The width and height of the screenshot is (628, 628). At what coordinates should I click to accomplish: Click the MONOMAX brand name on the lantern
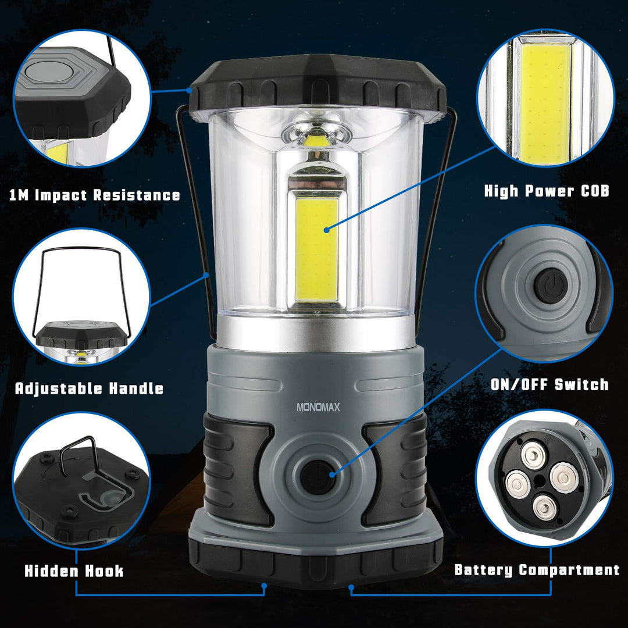pyautogui.click(x=318, y=408)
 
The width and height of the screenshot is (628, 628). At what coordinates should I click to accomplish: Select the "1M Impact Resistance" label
pyautogui.click(x=95, y=195)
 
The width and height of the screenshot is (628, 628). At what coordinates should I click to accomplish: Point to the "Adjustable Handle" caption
pyautogui.click(x=89, y=388)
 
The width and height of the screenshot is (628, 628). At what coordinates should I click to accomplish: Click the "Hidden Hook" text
pyautogui.click(x=74, y=571)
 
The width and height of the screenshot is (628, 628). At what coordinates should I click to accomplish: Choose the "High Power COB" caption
pyautogui.click(x=547, y=191)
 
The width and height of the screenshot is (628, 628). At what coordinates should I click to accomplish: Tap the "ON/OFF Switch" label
pyautogui.click(x=549, y=384)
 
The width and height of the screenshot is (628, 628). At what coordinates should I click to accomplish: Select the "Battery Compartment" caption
pyautogui.click(x=537, y=570)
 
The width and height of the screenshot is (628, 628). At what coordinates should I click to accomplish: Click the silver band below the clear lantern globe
pyautogui.click(x=317, y=334)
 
